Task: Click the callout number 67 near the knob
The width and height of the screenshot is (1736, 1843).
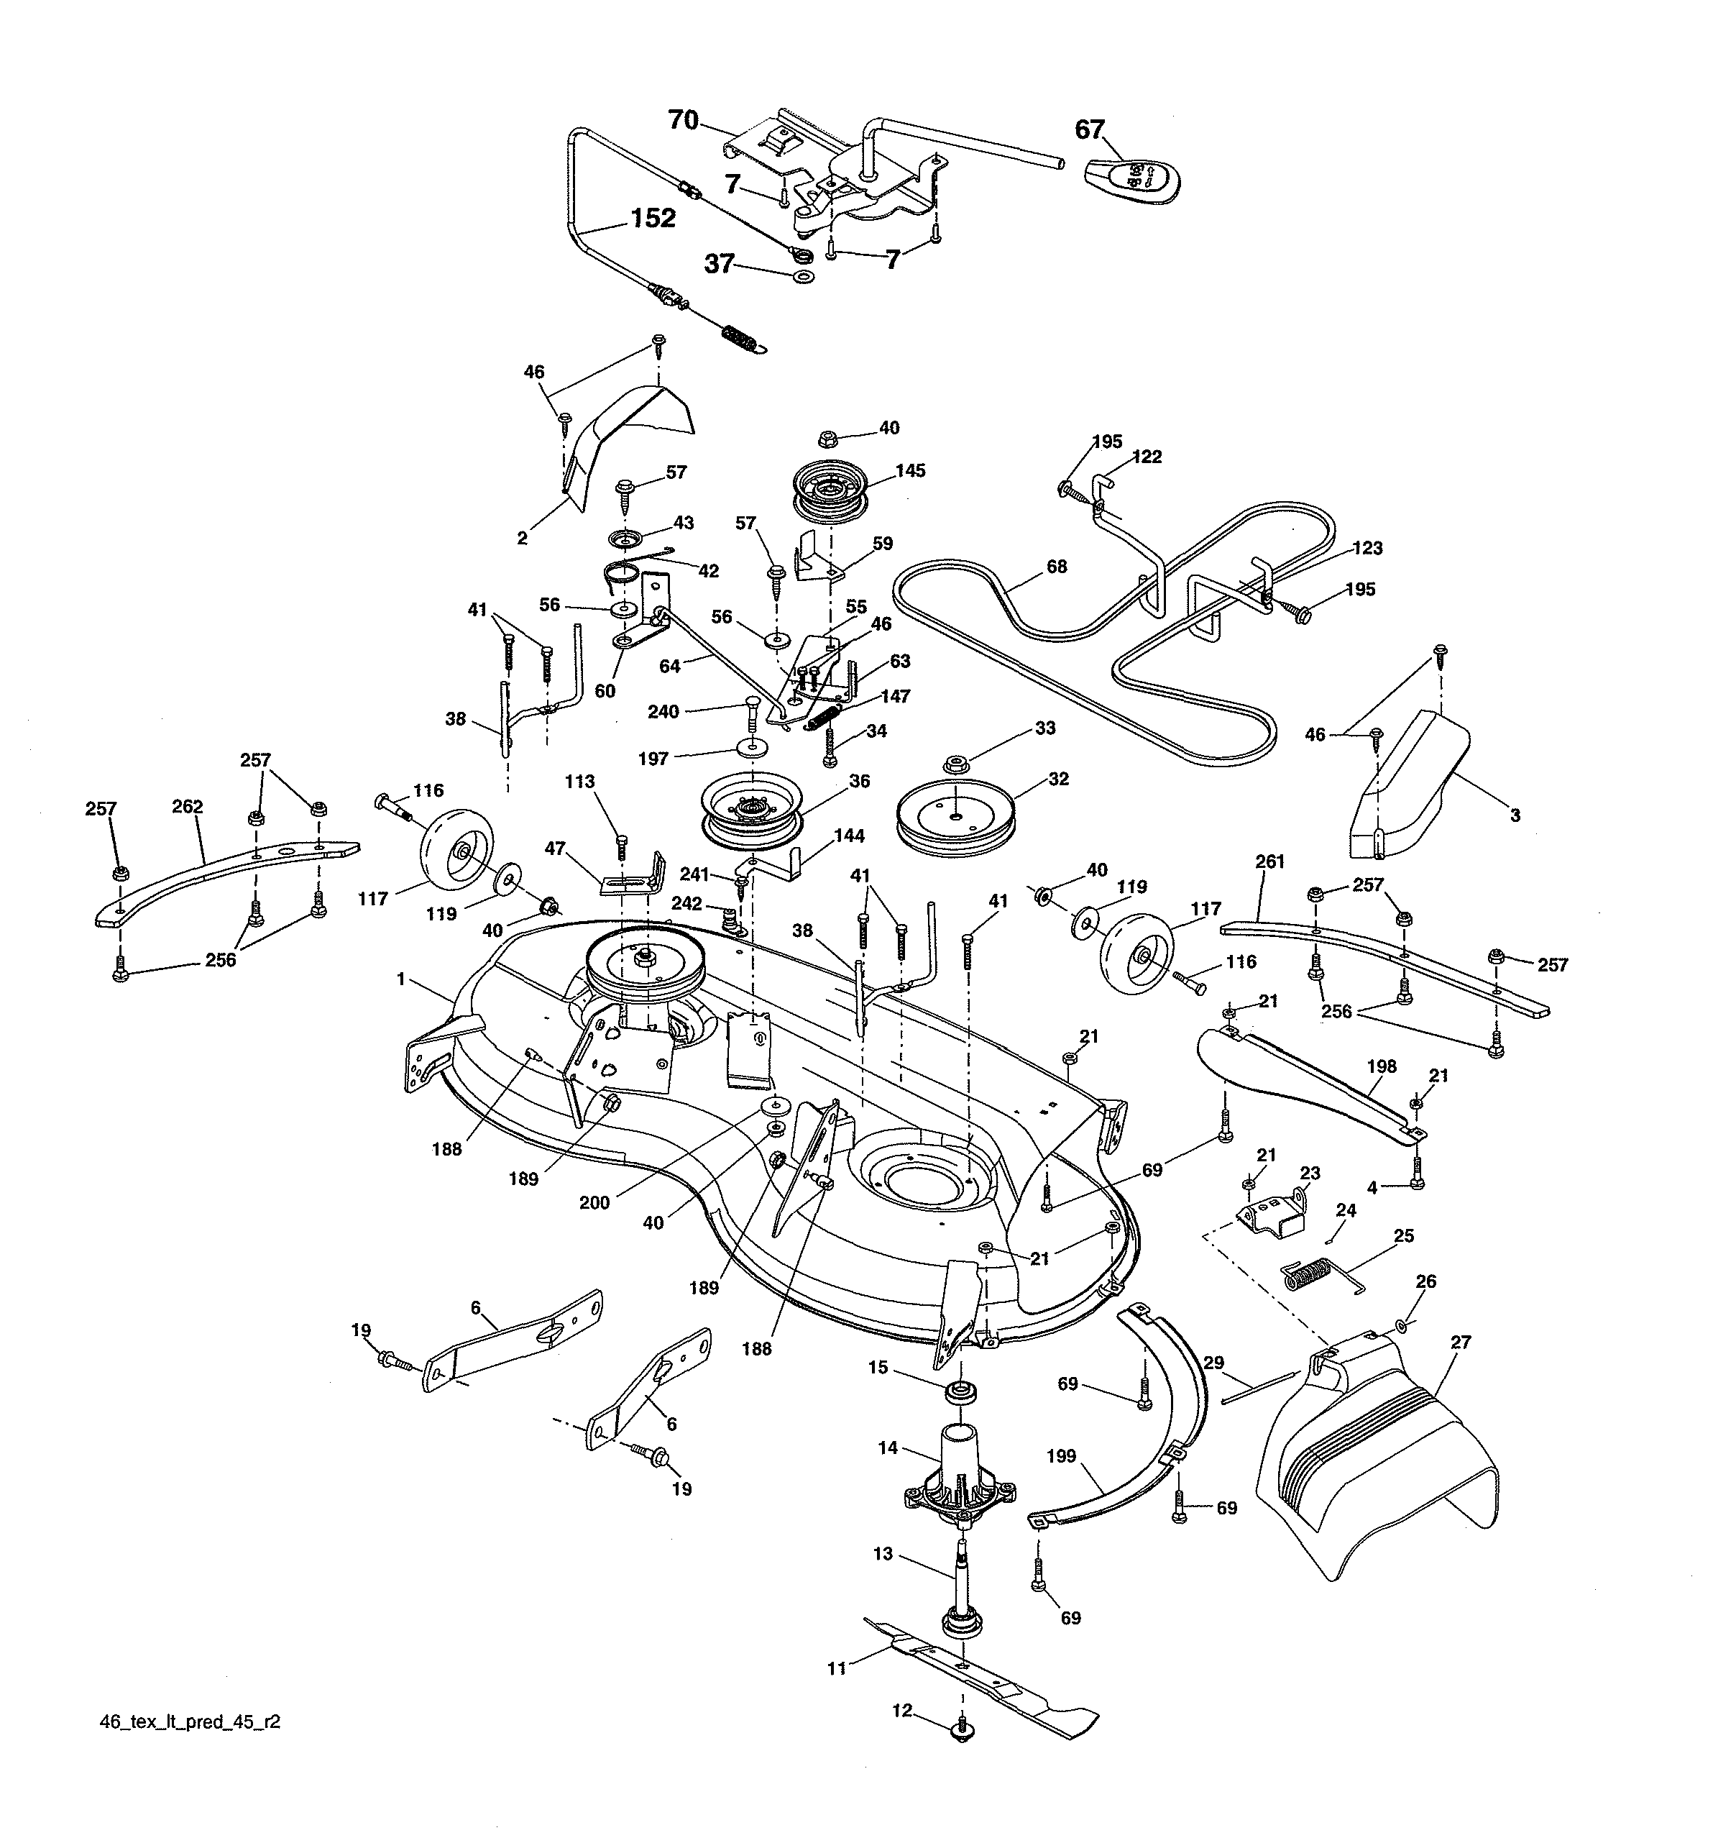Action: tap(1089, 129)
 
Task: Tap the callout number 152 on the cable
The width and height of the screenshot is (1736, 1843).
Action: tap(653, 218)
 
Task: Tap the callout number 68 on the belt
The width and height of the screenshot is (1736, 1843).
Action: tap(1056, 567)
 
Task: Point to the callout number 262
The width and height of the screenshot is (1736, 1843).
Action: tap(187, 807)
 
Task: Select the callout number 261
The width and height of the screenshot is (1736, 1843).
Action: tap(1269, 861)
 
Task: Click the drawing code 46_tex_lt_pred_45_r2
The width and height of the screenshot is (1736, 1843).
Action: tap(189, 1722)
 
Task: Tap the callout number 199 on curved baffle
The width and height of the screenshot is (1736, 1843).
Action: tap(1061, 1455)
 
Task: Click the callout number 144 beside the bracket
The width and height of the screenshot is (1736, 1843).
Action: tap(850, 836)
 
